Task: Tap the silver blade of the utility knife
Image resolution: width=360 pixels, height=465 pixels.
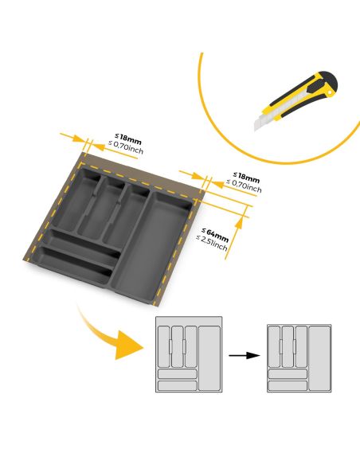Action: pos(264,121)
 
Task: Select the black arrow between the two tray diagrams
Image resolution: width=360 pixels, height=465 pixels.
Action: pos(245,355)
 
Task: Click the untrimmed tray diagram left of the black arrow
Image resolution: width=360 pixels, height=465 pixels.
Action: pos(188,355)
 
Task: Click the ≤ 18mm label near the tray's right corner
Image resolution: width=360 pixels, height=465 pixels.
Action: pos(245,176)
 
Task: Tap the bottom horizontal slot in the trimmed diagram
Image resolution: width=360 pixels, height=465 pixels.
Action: pos(288,385)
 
